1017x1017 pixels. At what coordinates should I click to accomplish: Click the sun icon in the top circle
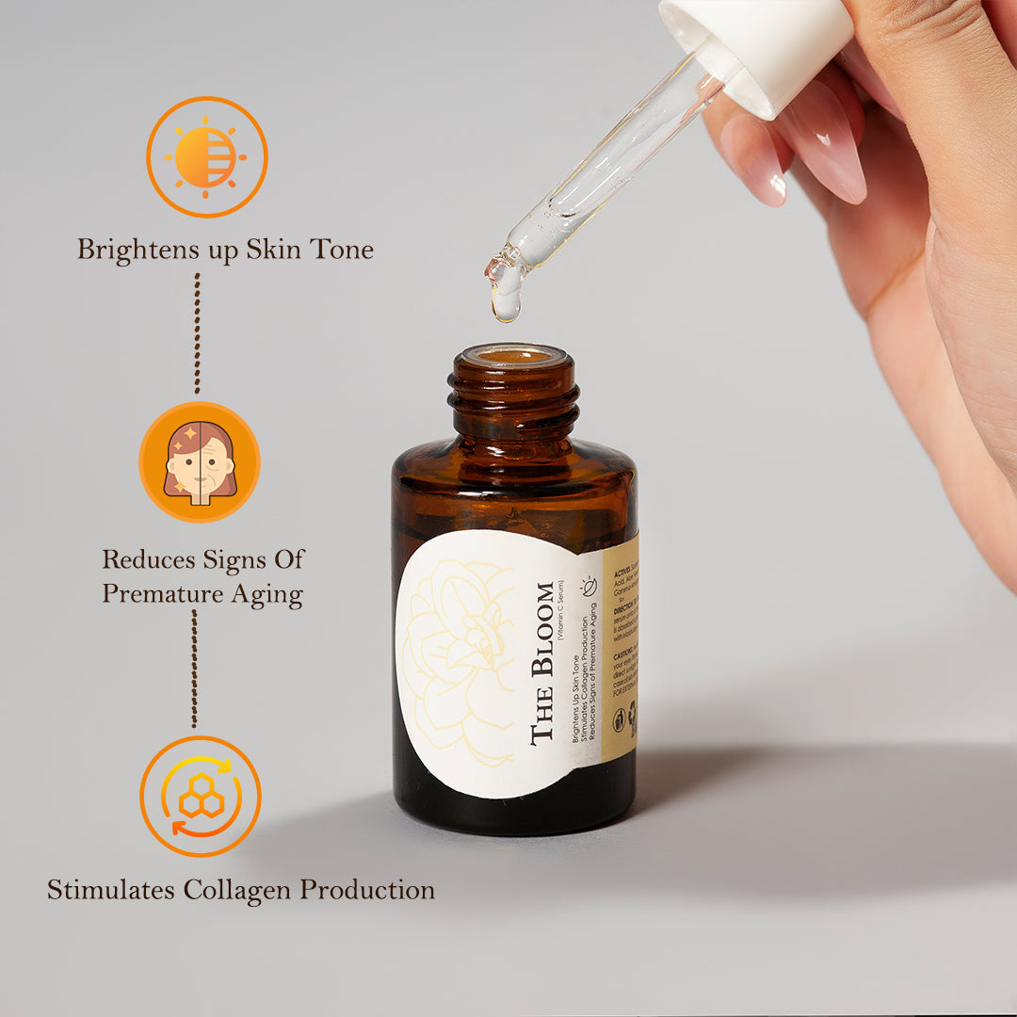click(206, 156)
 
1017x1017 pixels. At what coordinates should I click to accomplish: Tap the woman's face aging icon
click(200, 462)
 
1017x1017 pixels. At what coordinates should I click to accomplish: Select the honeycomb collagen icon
click(201, 797)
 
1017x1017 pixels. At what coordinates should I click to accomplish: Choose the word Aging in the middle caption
click(268, 595)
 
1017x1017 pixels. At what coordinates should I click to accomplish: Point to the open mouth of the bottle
click(513, 356)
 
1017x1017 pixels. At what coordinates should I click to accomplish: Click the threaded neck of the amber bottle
click(513, 395)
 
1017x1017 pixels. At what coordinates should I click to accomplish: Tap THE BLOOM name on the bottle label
click(543, 664)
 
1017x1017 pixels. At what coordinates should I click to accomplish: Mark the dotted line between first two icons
click(197, 333)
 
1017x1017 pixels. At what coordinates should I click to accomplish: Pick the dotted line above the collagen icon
click(195, 669)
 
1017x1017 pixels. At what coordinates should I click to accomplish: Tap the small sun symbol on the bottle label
click(589, 586)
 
